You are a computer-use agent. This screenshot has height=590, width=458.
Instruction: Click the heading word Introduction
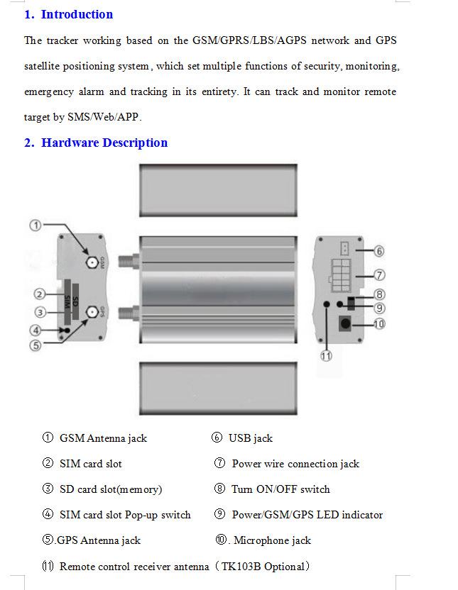click(77, 14)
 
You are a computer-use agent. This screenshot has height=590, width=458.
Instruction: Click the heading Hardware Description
click(104, 143)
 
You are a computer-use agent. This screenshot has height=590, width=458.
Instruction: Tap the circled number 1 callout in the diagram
click(36, 225)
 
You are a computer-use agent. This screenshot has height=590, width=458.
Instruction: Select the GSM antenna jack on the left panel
click(92, 262)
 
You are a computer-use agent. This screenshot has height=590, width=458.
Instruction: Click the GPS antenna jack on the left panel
click(92, 312)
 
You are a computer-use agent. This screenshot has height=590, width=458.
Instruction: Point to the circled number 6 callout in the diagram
click(379, 251)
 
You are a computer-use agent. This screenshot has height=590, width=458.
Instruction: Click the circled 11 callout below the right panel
click(326, 356)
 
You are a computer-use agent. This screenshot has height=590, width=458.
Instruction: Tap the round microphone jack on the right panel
click(346, 324)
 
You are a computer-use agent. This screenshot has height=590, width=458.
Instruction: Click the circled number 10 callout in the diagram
click(379, 324)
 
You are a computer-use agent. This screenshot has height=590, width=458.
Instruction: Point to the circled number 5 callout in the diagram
click(36, 345)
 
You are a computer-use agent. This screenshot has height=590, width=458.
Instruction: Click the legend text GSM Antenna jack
click(103, 438)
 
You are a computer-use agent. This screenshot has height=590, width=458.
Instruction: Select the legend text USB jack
click(250, 438)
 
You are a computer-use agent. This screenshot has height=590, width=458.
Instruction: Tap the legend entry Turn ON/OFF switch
click(280, 489)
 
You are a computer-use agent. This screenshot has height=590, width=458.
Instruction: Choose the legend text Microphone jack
click(272, 540)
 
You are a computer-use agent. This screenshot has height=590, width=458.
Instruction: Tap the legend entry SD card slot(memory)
click(111, 489)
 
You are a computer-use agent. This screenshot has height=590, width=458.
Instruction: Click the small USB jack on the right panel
click(344, 249)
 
